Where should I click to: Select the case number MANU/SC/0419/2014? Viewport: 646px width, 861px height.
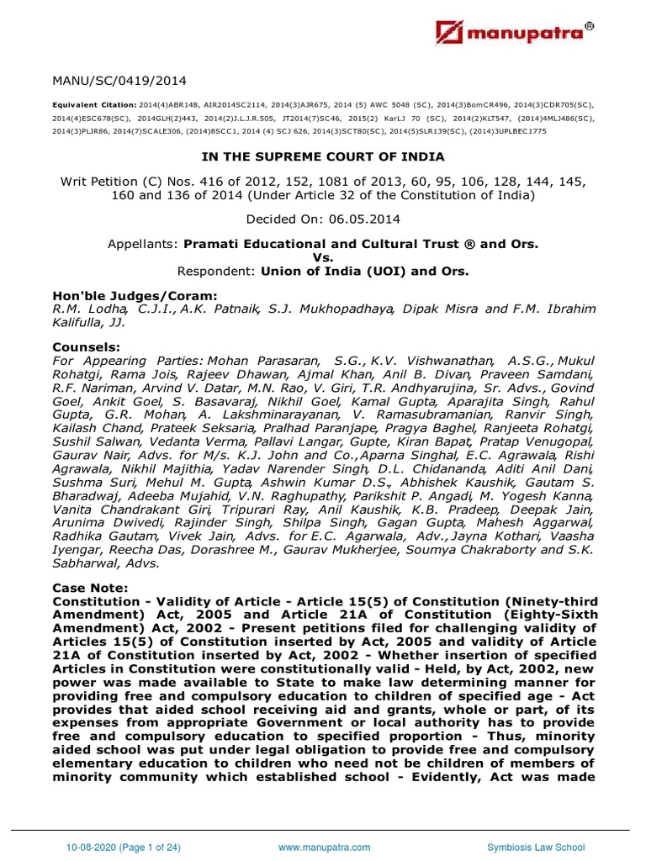[x=119, y=82]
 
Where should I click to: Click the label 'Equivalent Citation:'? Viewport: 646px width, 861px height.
[x=91, y=106]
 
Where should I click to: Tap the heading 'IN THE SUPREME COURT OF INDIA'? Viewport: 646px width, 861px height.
[x=322, y=157]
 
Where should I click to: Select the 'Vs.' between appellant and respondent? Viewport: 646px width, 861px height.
[x=323, y=258]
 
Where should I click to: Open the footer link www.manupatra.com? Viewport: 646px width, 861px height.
[x=323, y=847]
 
